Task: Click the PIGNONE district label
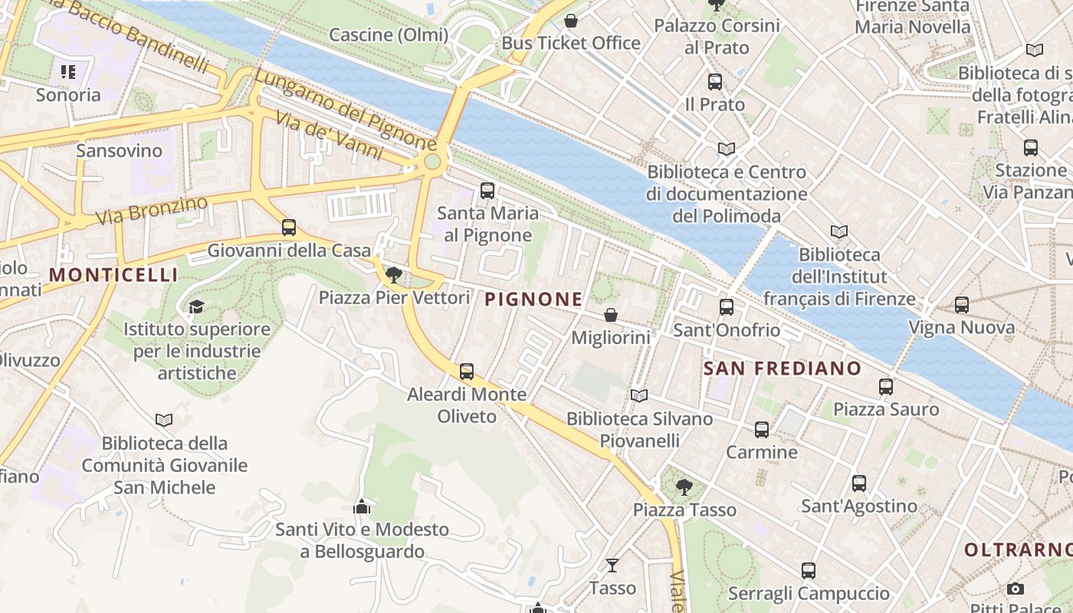pyautogui.click(x=534, y=300)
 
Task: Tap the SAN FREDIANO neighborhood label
pyautogui.click(x=783, y=369)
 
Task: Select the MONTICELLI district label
pyautogui.click(x=113, y=275)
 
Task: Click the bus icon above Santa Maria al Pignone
pyautogui.click(x=487, y=191)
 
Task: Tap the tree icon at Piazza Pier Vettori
pyautogui.click(x=394, y=274)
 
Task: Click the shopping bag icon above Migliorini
pyautogui.click(x=611, y=315)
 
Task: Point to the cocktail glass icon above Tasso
pyautogui.click(x=612, y=565)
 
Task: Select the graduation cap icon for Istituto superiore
pyautogui.click(x=196, y=307)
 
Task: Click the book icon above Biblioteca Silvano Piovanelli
pyautogui.click(x=638, y=396)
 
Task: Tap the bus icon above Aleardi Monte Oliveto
pyautogui.click(x=467, y=372)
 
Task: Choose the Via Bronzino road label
pyautogui.click(x=152, y=211)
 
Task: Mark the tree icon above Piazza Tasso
pyautogui.click(x=684, y=487)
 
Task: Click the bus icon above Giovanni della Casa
pyautogui.click(x=289, y=228)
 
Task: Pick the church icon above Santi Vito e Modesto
pyautogui.click(x=362, y=506)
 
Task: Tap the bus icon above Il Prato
pyautogui.click(x=715, y=81)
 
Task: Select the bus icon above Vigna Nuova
pyautogui.click(x=962, y=305)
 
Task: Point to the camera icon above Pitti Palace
pyautogui.click(x=1016, y=588)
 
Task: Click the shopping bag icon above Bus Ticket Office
pyautogui.click(x=571, y=21)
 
